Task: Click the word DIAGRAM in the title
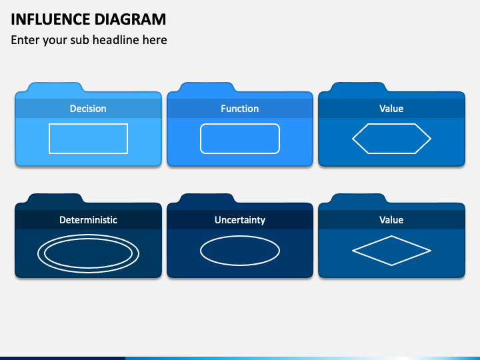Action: pos(127,19)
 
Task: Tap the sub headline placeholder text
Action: pos(89,40)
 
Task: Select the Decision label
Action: pos(88,109)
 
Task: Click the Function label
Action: pos(240,109)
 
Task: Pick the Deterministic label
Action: pos(88,220)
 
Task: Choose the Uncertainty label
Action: pos(240,220)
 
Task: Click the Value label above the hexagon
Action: pos(391,109)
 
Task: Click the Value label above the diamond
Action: pos(391,220)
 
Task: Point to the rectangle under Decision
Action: pos(88,139)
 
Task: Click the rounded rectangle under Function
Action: pos(240,139)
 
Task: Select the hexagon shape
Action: pos(391,139)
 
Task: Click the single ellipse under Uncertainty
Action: pos(240,251)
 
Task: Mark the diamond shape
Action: pos(391,251)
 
